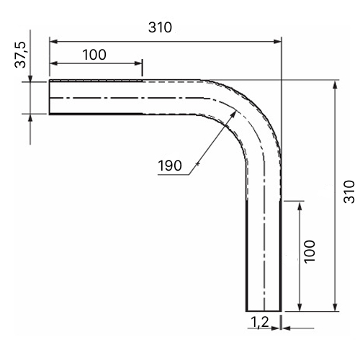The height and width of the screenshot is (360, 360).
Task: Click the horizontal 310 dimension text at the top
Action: pyautogui.click(x=160, y=27)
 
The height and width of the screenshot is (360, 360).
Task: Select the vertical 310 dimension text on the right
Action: pyautogui.click(x=349, y=192)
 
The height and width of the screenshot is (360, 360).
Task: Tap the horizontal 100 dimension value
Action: pyautogui.click(x=94, y=55)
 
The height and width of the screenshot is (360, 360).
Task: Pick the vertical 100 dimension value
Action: pyautogui.click(x=310, y=252)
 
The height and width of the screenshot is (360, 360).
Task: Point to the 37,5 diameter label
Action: pyautogui.click(x=20, y=55)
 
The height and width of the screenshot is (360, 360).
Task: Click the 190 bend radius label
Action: pyautogui.click(x=170, y=166)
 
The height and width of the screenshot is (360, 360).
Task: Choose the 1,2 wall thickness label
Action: pyautogui.click(x=260, y=322)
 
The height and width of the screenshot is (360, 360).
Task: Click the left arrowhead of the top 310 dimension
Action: pyautogui.click(x=53, y=42)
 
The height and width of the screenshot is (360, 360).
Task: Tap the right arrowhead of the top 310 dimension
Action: pyautogui.click(x=277, y=42)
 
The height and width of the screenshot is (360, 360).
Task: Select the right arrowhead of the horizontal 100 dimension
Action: pyautogui.click(x=138, y=63)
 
